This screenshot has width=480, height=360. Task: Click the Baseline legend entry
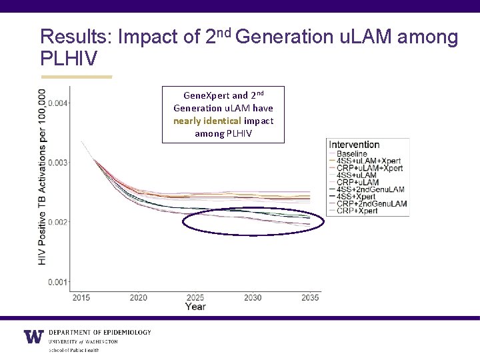(352, 154)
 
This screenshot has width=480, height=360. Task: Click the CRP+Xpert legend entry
(357, 211)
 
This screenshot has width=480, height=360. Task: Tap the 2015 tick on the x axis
(81, 297)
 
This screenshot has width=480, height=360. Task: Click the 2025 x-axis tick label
(195, 297)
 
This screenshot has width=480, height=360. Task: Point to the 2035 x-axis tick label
(309, 297)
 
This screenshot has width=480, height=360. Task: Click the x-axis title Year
(195, 307)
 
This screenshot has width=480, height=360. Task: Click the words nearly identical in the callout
(207, 121)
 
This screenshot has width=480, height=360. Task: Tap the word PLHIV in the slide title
(69, 59)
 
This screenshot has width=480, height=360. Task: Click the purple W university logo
(33, 337)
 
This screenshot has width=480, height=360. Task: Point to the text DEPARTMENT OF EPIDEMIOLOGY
(100, 332)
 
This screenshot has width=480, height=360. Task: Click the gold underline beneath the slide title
(76, 77)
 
